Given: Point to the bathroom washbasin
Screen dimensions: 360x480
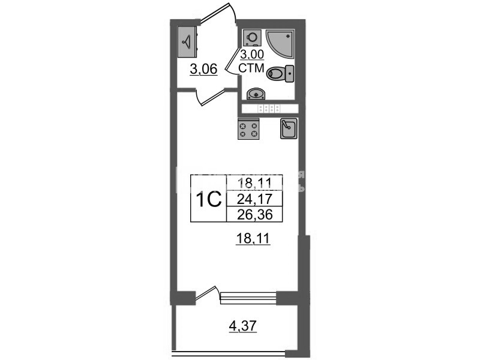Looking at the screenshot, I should tap(256, 93).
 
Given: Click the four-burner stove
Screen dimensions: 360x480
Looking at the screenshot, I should tap(249, 130).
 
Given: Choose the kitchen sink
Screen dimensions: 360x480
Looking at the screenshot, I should tap(289, 129).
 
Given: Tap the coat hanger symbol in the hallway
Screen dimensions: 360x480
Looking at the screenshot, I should tap(188, 42).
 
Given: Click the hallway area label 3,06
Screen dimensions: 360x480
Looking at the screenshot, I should tap(203, 70).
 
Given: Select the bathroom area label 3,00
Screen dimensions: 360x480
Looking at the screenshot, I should tap(252, 56).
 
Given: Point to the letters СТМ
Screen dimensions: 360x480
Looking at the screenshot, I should tap(252, 68).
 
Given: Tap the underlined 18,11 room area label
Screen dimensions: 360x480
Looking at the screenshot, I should tap(253, 240).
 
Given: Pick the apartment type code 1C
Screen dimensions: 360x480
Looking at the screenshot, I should tap(208, 199).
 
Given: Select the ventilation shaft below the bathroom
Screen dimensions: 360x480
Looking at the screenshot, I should tap(269, 109).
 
